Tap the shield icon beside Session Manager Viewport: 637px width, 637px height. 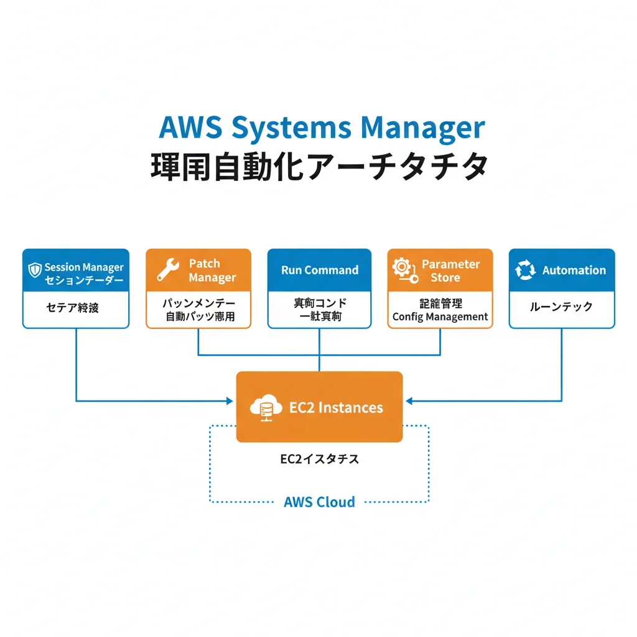pyautogui.click(x=35, y=270)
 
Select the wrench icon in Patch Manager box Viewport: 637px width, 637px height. pyautogui.click(x=167, y=270)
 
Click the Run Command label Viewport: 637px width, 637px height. pyautogui.click(x=320, y=270)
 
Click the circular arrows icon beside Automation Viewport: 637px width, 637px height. pyautogui.click(x=526, y=271)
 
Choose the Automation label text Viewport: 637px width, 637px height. pyautogui.click(x=574, y=271)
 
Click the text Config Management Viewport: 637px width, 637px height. pyautogui.click(x=440, y=317)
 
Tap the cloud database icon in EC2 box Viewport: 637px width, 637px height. pyautogui.click(x=266, y=408)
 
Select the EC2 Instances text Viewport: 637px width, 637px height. pyautogui.click(x=336, y=408)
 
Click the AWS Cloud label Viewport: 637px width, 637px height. pyautogui.click(x=319, y=502)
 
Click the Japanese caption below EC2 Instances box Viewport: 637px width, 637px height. pyautogui.click(x=319, y=460)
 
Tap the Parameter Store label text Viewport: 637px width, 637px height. pyautogui.click(x=450, y=271)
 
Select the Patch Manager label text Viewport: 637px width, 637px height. pyautogui.click(x=212, y=271)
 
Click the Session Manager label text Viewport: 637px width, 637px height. pyautogui.click(x=84, y=267)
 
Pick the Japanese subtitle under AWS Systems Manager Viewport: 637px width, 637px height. pyautogui.click(x=318, y=167)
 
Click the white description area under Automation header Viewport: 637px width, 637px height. pyautogui.click(x=561, y=307)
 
